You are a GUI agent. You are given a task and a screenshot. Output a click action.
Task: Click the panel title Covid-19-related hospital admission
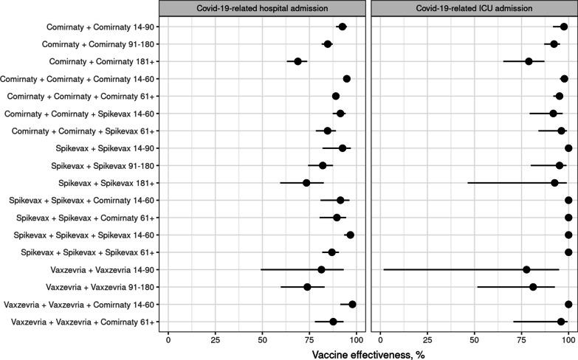pos(262,8)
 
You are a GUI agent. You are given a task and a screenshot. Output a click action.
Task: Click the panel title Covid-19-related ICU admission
pos(473,8)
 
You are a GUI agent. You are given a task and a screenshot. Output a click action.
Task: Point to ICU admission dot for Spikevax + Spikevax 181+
pos(554,182)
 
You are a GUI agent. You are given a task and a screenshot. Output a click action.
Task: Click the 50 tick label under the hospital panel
pos(262,339)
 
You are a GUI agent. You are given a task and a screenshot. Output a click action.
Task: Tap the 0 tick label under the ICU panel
pos(379,339)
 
